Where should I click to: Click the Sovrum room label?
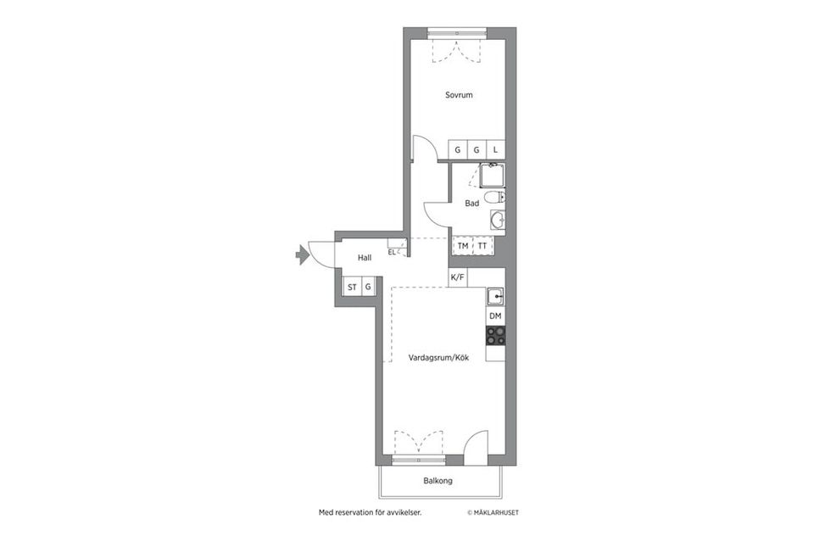(x=459, y=95)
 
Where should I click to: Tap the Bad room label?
(x=472, y=204)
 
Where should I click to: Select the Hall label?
(x=365, y=258)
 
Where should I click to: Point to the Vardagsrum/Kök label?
(x=438, y=358)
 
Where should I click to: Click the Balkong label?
(x=438, y=481)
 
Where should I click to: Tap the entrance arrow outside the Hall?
(x=302, y=255)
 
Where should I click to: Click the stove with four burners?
(x=495, y=335)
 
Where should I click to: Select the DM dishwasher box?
(x=495, y=316)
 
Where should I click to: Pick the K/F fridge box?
(x=457, y=277)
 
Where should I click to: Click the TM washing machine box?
(x=463, y=246)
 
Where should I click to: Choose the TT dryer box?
(x=482, y=246)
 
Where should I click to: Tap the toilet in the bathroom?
(x=494, y=197)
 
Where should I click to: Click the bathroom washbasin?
(x=498, y=221)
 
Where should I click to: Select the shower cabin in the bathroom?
(x=491, y=176)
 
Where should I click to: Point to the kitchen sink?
(x=495, y=297)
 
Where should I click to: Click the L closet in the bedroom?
(x=496, y=149)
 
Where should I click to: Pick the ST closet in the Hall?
(x=352, y=287)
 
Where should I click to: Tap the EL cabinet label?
(x=392, y=252)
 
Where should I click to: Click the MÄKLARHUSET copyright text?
(x=493, y=512)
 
